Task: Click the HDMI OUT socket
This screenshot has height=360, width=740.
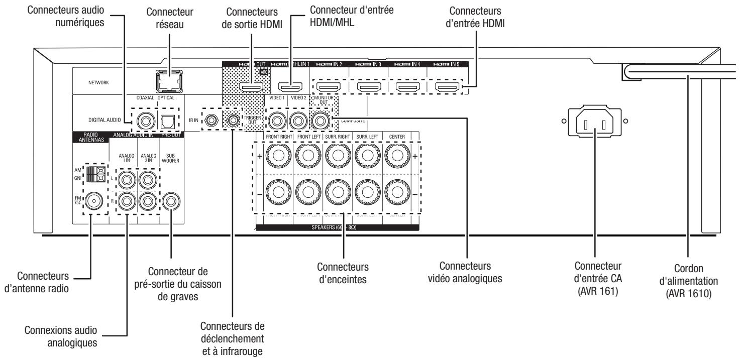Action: pos(250,87)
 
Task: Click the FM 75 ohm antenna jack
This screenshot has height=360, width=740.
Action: pos(94,202)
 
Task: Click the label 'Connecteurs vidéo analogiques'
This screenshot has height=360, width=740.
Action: pos(466,271)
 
